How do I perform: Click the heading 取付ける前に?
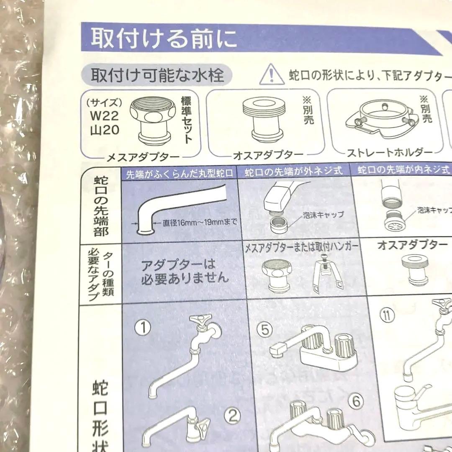164,39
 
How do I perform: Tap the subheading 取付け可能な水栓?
158,75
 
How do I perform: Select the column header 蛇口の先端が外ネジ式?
293,171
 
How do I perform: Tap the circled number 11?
388,315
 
